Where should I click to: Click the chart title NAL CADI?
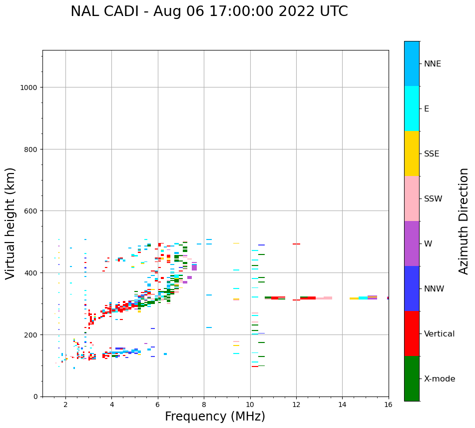[209, 11]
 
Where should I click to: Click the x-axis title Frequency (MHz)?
[215, 416]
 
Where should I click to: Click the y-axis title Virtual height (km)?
[10, 223]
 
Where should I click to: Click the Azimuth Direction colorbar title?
[464, 221]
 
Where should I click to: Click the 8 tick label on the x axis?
[204, 404]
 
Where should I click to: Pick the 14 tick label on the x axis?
[342, 404]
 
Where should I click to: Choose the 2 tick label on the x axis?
[65, 404]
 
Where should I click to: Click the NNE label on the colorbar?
[433, 64]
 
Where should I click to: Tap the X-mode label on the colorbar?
[440, 379]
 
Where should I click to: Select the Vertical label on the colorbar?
[440, 334]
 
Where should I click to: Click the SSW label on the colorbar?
[433, 199]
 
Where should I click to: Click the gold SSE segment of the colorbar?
[412, 153]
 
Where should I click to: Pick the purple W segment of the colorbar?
[412, 243]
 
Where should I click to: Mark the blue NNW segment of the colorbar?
[412, 288]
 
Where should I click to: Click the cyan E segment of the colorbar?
[412, 108]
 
